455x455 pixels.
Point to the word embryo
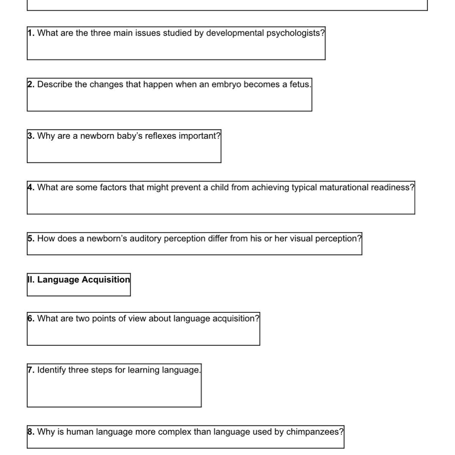click(x=226, y=84)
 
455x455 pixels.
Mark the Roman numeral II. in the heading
click(x=31, y=279)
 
